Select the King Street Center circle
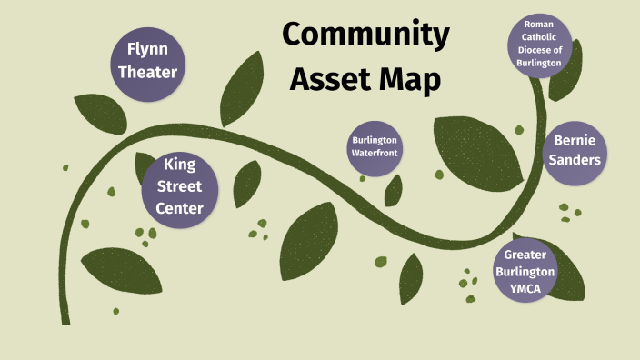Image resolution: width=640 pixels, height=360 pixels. (180, 187)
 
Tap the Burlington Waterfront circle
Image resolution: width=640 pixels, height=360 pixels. (376, 146)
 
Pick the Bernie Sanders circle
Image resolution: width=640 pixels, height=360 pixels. (576, 151)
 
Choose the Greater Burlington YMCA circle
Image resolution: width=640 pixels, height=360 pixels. (530, 271)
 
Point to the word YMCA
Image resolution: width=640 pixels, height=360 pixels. (530, 287)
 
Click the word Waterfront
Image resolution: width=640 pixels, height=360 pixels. (376, 153)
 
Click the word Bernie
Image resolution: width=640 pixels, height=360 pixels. (576, 140)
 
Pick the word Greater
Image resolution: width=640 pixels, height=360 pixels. (530, 255)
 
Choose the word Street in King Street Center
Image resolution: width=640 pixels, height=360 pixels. (180, 187)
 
